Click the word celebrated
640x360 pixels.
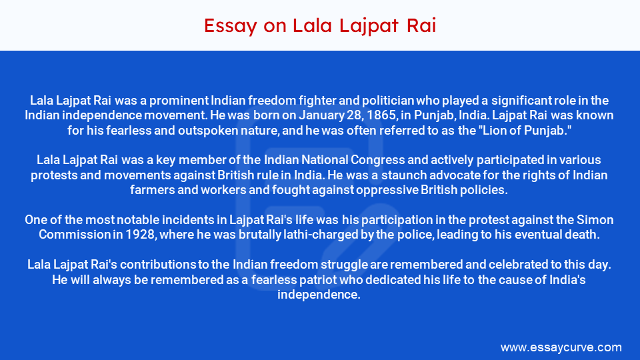pyautogui.click(x=507, y=265)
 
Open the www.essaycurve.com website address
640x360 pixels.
pyautogui.click(x=561, y=347)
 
